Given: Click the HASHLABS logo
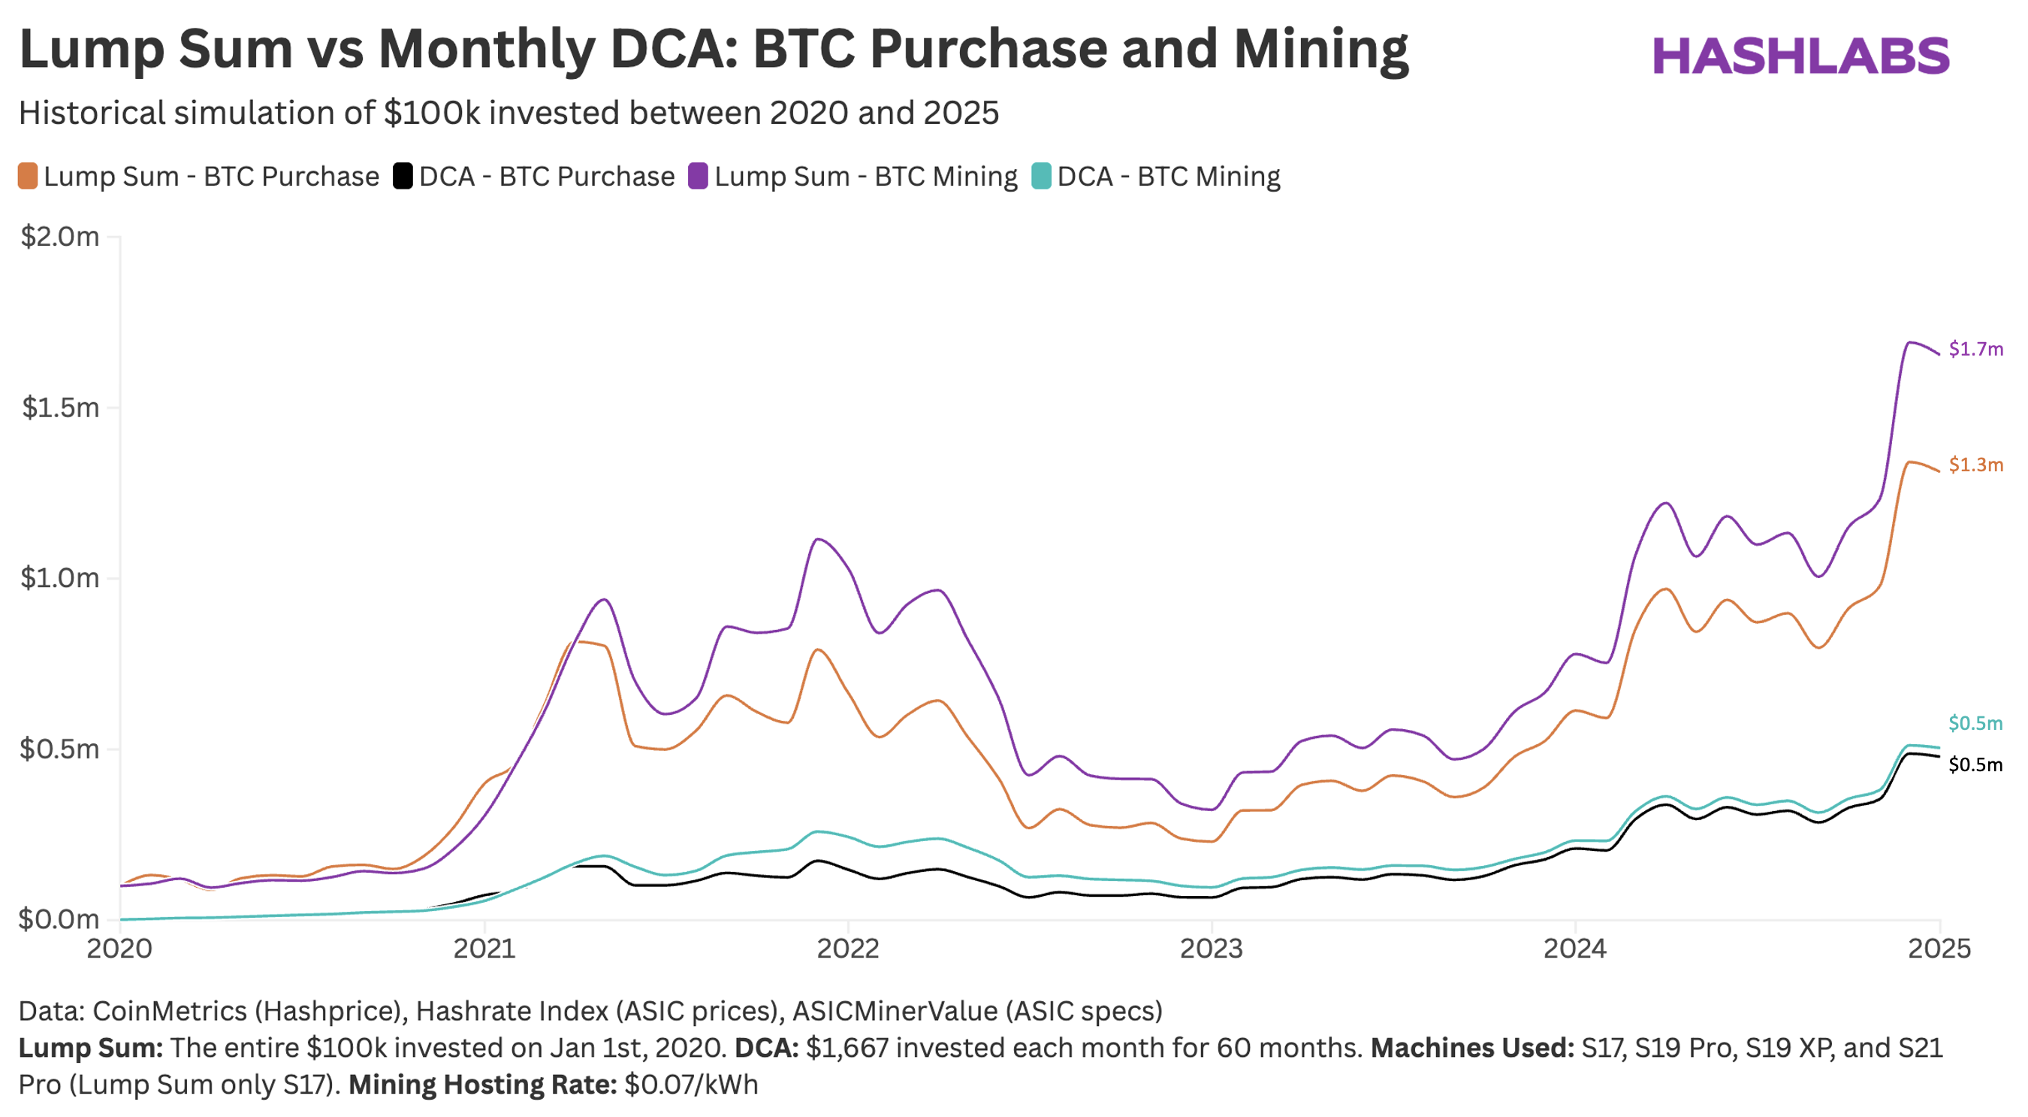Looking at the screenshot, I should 1800,56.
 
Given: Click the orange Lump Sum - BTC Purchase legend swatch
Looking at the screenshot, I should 29,176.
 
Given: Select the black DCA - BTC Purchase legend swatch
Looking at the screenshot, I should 403,176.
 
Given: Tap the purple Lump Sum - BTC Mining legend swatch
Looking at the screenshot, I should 699,176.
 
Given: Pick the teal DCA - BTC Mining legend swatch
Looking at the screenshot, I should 1042,176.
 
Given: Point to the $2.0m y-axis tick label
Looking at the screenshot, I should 60,236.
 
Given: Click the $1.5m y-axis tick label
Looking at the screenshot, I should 60,407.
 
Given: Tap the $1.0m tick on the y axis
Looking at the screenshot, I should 60,578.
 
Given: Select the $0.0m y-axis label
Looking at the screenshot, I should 60,919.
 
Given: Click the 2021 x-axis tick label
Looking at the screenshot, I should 484,948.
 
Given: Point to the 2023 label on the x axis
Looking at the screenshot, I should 1211,948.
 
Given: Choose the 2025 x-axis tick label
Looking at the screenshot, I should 1939,948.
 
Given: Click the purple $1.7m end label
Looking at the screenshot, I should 1975,349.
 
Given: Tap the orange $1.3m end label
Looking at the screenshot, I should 1975,465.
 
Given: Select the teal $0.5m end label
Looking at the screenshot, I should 1975,723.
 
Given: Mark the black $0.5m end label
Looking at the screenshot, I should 1975,765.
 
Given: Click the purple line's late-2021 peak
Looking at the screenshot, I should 819,540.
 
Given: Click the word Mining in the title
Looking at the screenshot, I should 1320,49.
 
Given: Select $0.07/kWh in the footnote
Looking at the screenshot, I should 690,1085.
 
